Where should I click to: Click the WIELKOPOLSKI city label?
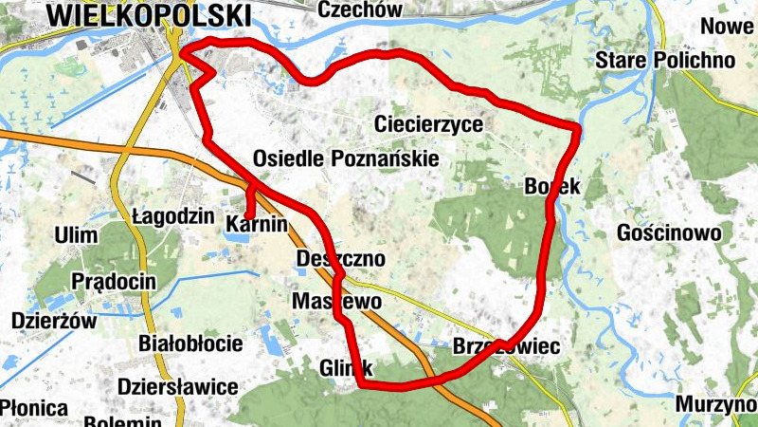149,15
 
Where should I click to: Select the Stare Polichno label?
665,61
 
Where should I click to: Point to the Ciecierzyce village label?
428,124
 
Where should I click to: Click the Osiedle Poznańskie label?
346,158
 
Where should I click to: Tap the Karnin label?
256,225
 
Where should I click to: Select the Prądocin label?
114,282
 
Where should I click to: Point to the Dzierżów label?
54,321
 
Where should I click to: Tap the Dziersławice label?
177,387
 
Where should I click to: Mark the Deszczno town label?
340,259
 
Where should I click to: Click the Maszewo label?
336,301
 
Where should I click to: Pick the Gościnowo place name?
668,232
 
